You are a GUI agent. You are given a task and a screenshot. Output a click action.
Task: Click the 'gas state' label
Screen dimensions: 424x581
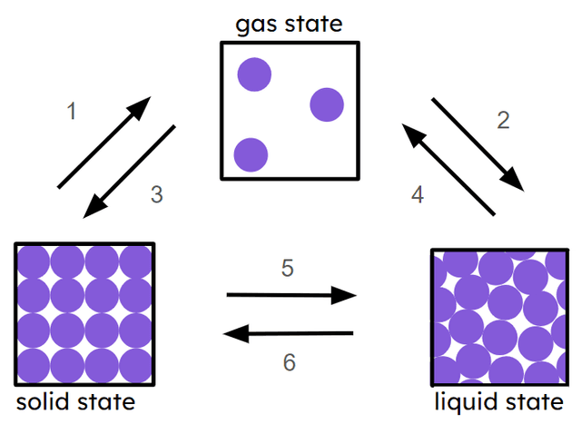(x=289, y=22)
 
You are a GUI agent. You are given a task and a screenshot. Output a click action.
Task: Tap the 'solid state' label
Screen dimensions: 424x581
(x=75, y=401)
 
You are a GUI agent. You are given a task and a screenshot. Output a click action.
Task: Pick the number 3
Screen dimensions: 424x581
(x=156, y=194)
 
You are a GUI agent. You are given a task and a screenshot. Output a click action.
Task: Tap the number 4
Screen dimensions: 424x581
(x=418, y=193)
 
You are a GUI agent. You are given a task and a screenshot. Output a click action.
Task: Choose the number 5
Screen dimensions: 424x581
(x=288, y=269)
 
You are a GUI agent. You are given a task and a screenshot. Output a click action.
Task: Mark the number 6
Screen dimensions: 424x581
(x=290, y=362)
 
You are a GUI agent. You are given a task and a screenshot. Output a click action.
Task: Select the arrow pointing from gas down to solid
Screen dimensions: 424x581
(x=129, y=172)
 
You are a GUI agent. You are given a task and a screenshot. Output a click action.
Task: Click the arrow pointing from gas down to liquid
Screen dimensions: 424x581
(x=476, y=140)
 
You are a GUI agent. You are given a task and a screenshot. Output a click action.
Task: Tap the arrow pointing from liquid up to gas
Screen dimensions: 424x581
(x=448, y=170)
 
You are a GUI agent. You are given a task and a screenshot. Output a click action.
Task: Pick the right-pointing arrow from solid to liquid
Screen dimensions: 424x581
(x=291, y=295)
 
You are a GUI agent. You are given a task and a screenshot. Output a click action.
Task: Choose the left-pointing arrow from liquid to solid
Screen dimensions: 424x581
(x=289, y=334)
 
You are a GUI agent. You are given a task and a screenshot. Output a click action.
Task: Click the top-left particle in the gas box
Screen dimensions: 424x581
(x=254, y=74)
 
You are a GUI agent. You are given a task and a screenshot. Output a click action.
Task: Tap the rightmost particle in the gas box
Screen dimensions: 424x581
(x=327, y=105)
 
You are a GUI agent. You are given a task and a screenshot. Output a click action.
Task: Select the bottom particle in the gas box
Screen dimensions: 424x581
(x=251, y=154)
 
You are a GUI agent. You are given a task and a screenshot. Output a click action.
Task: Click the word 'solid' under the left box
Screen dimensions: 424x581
(x=42, y=401)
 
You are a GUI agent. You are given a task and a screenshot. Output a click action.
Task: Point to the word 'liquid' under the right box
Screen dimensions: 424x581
(x=466, y=402)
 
